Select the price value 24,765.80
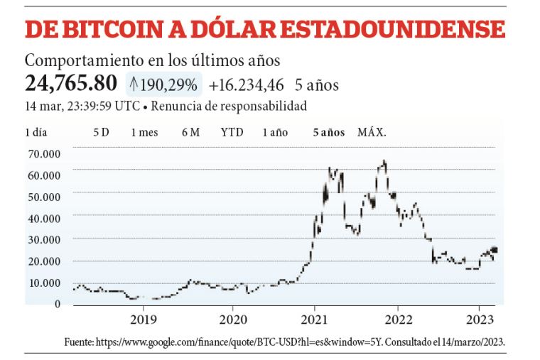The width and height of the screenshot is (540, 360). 71,84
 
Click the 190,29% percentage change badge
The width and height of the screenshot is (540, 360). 163,85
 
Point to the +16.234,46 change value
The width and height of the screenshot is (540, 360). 247,85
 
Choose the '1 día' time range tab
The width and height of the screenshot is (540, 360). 37,132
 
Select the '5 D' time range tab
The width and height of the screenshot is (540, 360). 101,132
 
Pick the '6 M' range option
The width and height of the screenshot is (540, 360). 190,132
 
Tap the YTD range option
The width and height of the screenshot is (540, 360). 232,132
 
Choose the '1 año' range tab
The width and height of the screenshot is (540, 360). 275,132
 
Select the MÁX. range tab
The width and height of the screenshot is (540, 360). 372,132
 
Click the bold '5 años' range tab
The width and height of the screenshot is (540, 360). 329,132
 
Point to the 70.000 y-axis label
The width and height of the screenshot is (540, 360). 43,153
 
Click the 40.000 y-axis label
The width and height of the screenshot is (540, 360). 43,218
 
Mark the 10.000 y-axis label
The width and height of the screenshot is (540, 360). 43,283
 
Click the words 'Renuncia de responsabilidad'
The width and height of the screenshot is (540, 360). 230,107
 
